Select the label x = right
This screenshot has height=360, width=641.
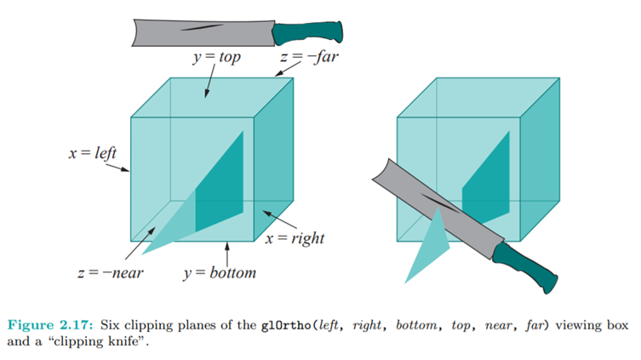pos(294,239)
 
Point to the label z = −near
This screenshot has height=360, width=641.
pos(110,273)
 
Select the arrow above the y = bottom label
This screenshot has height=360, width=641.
pos(227,254)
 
